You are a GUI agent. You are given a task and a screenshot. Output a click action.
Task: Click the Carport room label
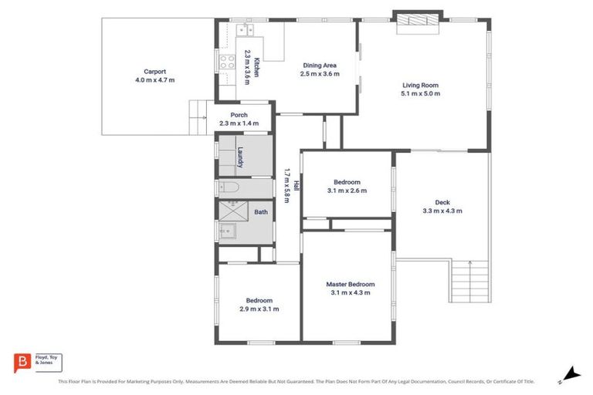(x=154, y=72)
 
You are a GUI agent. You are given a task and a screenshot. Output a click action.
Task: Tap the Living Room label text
(x=420, y=86)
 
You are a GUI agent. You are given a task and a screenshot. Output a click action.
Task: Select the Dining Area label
(x=320, y=66)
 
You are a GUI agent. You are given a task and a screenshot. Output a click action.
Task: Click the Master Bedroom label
(x=351, y=284)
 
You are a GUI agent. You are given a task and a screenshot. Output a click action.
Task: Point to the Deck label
(x=442, y=202)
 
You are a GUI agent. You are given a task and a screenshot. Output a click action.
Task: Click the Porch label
(x=239, y=115)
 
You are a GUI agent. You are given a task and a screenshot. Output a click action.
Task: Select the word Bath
(x=261, y=212)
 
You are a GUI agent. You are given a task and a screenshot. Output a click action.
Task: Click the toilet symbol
(x=230, y=187)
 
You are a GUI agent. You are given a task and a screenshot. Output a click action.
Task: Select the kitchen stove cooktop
(x=228, y=62)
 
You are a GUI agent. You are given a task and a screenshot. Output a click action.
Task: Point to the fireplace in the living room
(x=417, y=22)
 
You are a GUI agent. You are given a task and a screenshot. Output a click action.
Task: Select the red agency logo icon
(x=23, y=361)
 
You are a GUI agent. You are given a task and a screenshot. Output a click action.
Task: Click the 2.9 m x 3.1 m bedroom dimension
(x=259, y=309)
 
